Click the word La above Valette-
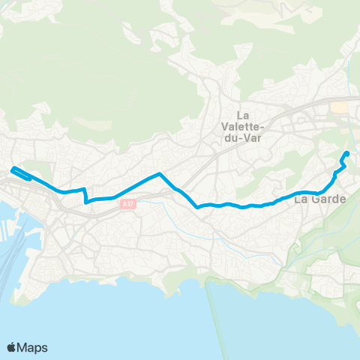(x=243, y=115)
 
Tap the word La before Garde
(x=301, y=199)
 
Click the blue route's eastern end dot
(x=346, y=154)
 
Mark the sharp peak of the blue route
(x=159, y=174)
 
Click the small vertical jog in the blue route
(x=85, y=195)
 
